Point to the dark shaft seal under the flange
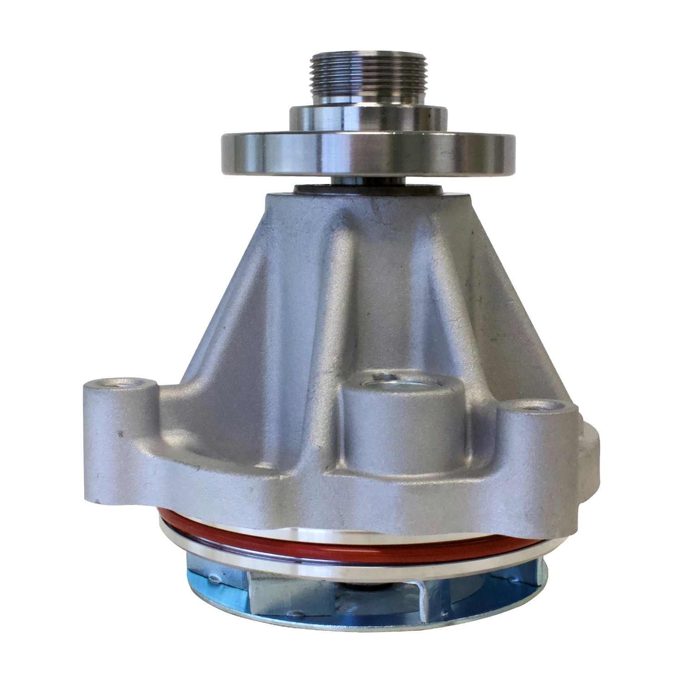(x=319, y=188)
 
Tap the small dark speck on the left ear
(x=119, y=433)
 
